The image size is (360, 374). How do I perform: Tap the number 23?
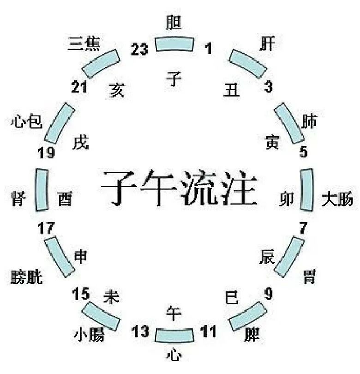(x=139, y=49)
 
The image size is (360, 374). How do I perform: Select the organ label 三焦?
(x=84, y=43)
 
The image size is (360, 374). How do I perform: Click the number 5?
(x=303, y=151)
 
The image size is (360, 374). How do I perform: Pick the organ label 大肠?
(x=337, y=199)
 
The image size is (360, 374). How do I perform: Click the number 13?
(x=140, y=331)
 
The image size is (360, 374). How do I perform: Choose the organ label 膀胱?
(x=26, y=277)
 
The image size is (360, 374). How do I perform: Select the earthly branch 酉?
(x=66, y=199)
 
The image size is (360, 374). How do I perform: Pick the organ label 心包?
(x=26, y=121)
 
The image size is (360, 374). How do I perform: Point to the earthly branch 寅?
(x=272, y=143)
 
